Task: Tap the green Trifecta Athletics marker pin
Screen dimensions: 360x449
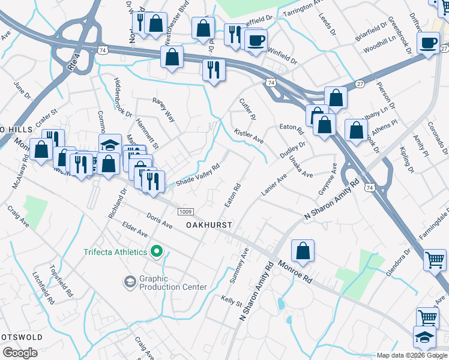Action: (157, 251)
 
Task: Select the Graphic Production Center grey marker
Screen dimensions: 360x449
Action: (129, 281)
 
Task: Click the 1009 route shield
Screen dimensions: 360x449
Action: (185, 211)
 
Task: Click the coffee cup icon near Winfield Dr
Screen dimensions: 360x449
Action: (256, 40)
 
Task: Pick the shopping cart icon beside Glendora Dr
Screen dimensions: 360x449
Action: (435, 260)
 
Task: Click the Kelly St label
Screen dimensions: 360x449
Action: (231, 298)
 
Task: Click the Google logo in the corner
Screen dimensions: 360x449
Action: (20, 353)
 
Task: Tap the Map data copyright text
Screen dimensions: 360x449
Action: (411, 355)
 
